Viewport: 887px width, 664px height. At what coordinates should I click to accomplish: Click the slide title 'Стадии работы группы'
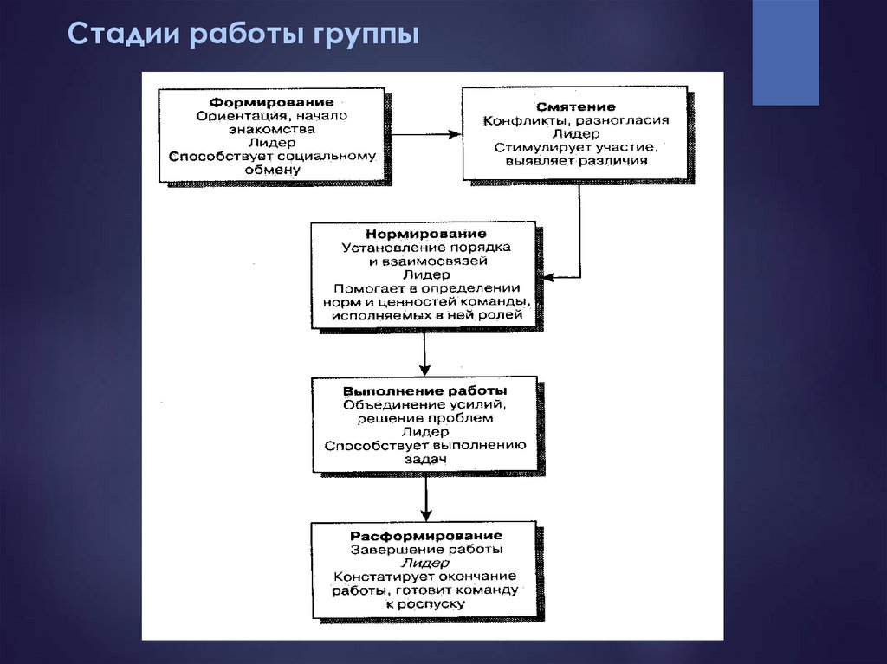pyautogui.click(x=243, y=35)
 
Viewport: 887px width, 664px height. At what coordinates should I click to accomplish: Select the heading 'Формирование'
pyautogui.click(x=271, y=102)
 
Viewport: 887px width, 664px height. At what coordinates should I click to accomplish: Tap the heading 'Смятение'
pyautogui.click(x=575, y=106)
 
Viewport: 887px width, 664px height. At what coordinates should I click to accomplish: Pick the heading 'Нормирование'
pyautogui.click(x=425, y=234)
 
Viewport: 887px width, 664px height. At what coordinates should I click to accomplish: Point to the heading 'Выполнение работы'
pyautogui.click(x=424, y=390)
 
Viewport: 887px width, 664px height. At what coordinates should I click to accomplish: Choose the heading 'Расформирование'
pyautogui.click(x=426, y=536)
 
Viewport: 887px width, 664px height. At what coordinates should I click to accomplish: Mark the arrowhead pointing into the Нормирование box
pyautogui.click(x=548, y=278)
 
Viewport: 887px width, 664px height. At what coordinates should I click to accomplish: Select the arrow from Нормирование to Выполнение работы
pyautogui.click(x=424, y=352)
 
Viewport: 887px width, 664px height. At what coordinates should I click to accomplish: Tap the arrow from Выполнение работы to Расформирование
pyautogui.click(x=426, y=497)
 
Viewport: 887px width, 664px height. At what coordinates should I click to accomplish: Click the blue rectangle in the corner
pyautogui.click(x=786, y=53)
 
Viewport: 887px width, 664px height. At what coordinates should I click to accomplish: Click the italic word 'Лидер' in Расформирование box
pyautogui.click(x=424, y=564)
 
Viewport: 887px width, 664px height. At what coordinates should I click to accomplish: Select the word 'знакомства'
pyautogui.click(x=271, y=130)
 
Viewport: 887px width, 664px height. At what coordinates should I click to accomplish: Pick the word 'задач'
pyautogui.click(x=424, y=459)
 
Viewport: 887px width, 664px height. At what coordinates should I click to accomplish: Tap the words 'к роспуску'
pyautogui.click(x=425, y=604)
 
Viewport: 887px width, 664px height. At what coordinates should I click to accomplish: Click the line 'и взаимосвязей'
pyautogui.click(x=428, y=261)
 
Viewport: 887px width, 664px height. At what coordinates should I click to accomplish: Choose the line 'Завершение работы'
pyautogui.click(x=426, y=550)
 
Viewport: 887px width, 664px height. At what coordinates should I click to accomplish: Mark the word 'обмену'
pyautogui.click(x=272, y=171)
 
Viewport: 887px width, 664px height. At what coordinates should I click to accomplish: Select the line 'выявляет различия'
pyautogui.click(x=576, y=161)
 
